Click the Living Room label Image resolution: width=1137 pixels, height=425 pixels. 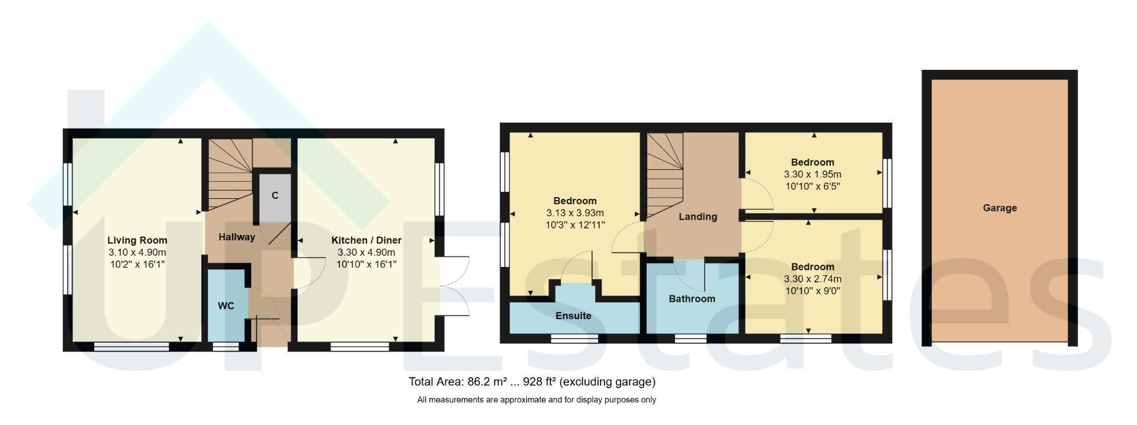(x=137, y=240)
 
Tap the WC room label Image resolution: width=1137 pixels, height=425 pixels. (x=226, y=305)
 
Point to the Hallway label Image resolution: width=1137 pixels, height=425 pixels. (x=236, y=237)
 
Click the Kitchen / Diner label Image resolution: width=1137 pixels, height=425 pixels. (x=366, y=240)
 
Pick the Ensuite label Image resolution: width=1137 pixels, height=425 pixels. (x=573, y=315)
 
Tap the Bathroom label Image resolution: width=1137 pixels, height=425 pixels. (x=692, y=299)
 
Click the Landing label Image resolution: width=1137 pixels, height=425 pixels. (x=698, y=217)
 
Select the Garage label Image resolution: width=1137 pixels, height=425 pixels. (x=1000, y=208)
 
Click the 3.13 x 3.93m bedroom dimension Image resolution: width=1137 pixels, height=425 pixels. (x=575, y=213)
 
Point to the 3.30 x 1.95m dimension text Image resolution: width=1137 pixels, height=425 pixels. (x=812, y=174)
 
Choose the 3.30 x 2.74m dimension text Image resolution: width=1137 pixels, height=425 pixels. (x=812, y=279)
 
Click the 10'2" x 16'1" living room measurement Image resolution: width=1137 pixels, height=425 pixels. (x=137, y=264)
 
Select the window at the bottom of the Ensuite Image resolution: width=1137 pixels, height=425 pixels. (x=574, y=339)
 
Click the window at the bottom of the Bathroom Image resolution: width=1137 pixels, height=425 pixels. (x=690, y=339)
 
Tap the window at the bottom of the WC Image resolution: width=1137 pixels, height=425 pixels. (x=226, y=346)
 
